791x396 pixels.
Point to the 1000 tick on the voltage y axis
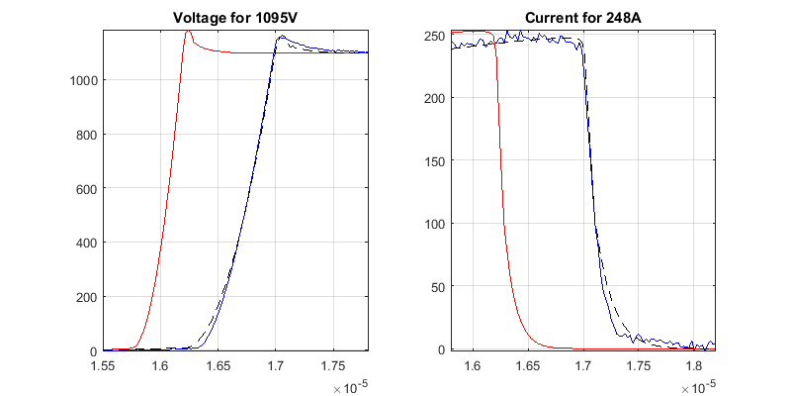(82, 80)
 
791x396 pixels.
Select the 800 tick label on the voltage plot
(86, 134)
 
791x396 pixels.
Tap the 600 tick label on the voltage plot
(86, 188)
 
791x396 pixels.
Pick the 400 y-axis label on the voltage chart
(86, 243)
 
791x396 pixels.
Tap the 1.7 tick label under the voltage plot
(275, 366)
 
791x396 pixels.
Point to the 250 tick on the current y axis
(430, 36)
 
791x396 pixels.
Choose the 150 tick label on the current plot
(430, 160)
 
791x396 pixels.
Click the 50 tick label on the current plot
(434, 287)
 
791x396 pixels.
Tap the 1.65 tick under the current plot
(529, 366)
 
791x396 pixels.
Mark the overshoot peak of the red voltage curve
(188, 31)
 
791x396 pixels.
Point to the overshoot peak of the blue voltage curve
(282, 37)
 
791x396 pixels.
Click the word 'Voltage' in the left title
(200, 18)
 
